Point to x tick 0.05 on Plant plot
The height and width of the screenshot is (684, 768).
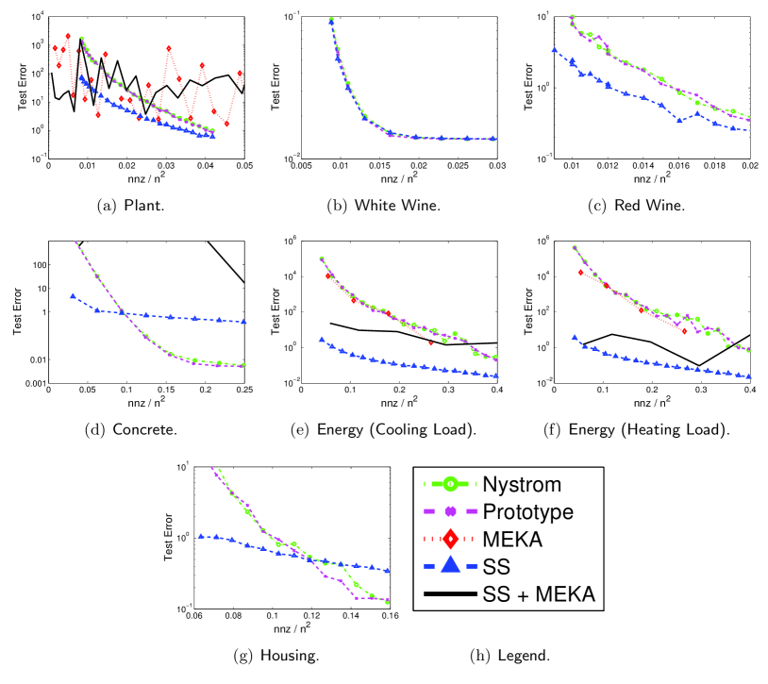(243, 167)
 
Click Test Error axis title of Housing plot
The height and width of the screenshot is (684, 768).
(168, 538)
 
